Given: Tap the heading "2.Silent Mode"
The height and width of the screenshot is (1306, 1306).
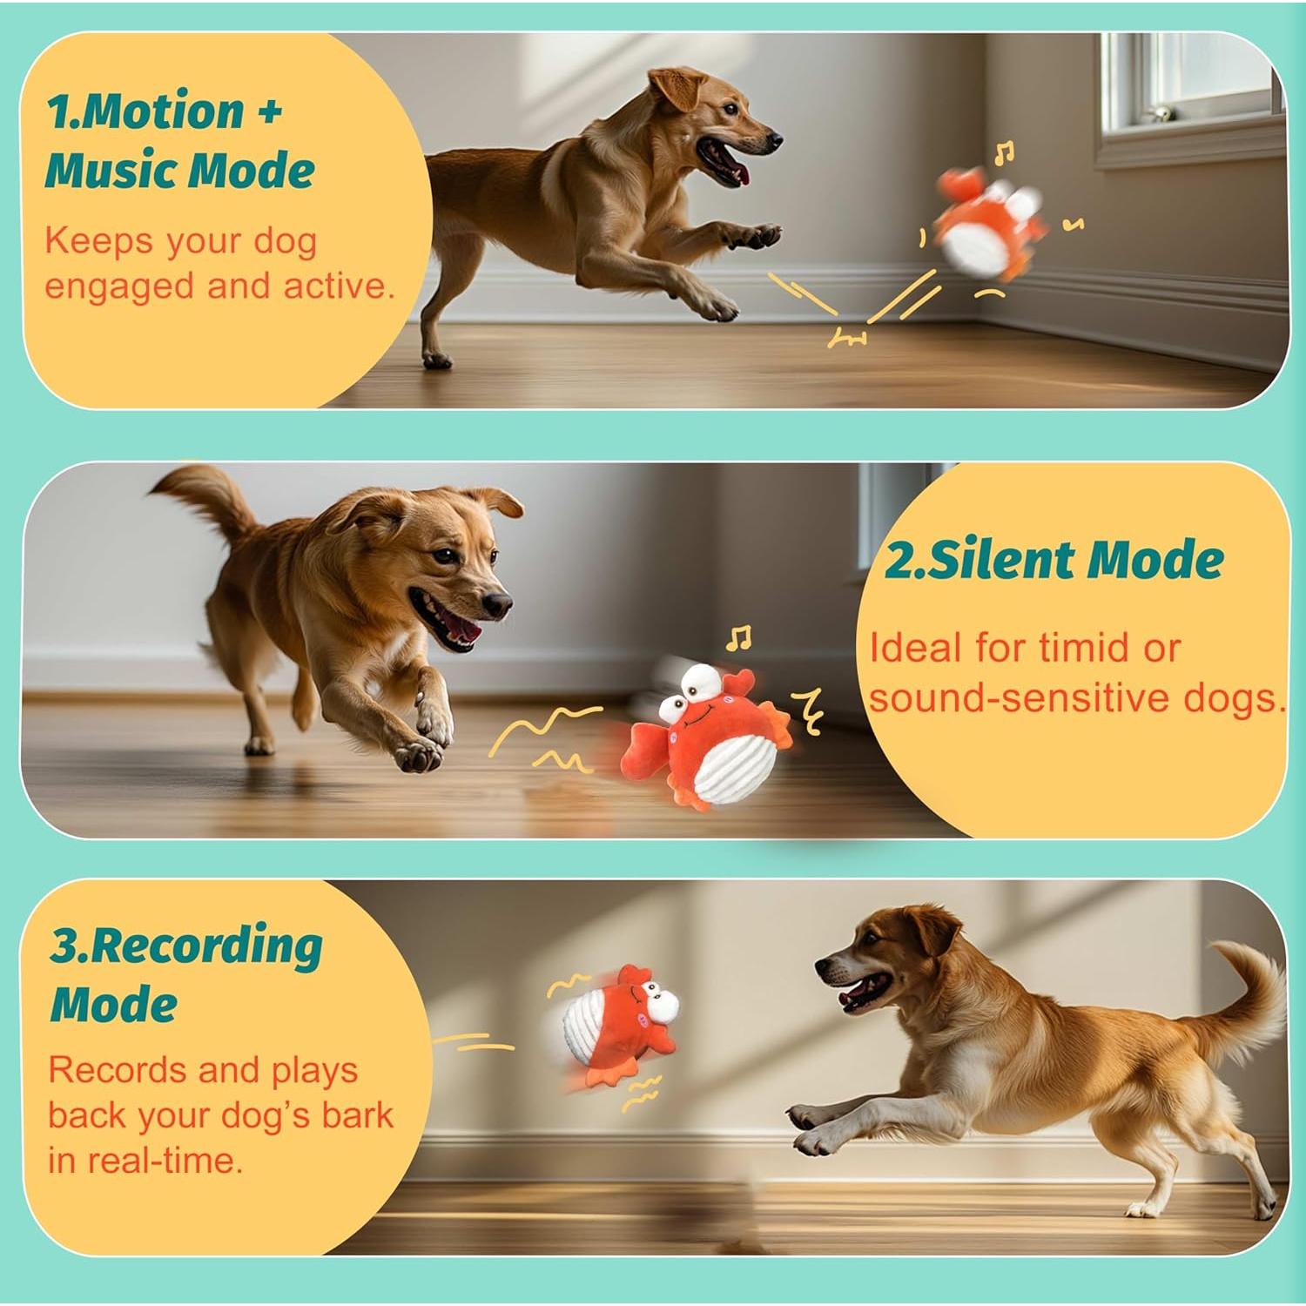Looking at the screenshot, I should coord(1054,560).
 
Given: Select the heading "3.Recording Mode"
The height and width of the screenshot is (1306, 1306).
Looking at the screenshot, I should coord(185,975).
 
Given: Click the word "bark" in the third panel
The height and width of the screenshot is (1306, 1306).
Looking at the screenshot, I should coord(357,1114).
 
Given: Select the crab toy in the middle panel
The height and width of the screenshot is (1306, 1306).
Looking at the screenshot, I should coord(705,740).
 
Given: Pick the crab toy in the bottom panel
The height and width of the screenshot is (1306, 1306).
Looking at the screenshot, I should coord(618,1023).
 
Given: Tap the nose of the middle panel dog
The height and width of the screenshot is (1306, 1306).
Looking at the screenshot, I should coord(498,603).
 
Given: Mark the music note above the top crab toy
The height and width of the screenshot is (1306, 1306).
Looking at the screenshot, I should coord(1004,154).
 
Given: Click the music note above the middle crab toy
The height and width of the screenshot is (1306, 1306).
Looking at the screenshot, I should coord(739,638).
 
